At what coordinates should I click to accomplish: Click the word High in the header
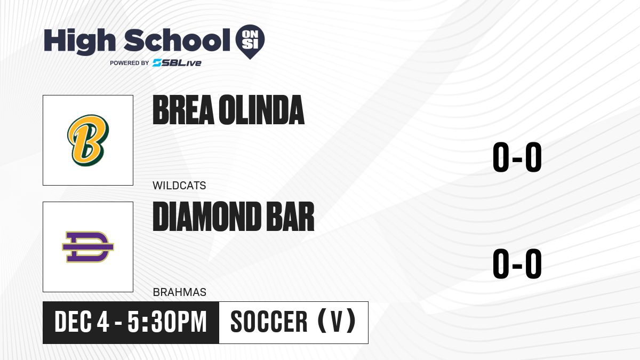coord(79,41)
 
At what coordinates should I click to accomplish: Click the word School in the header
coord(177,40)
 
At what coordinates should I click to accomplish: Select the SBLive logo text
coord(177,63)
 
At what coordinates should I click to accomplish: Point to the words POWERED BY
coord(130,63)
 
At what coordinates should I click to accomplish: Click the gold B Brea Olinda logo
coord(88,140)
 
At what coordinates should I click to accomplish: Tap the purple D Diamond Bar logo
coord(88,247)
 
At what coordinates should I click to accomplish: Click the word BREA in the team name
coord(183,110)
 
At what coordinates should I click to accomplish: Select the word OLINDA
coord(262,110)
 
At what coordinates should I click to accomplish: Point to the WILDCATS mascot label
coord(179,186)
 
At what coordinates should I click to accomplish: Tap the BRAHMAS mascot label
coord(180,292)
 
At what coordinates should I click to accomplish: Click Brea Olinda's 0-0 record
coord(517,157)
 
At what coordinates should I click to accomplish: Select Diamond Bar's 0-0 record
coord(517,263)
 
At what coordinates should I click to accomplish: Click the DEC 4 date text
coord(82,322)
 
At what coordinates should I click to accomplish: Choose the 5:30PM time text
coord(167,322)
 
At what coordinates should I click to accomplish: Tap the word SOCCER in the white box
coord(269,322)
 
